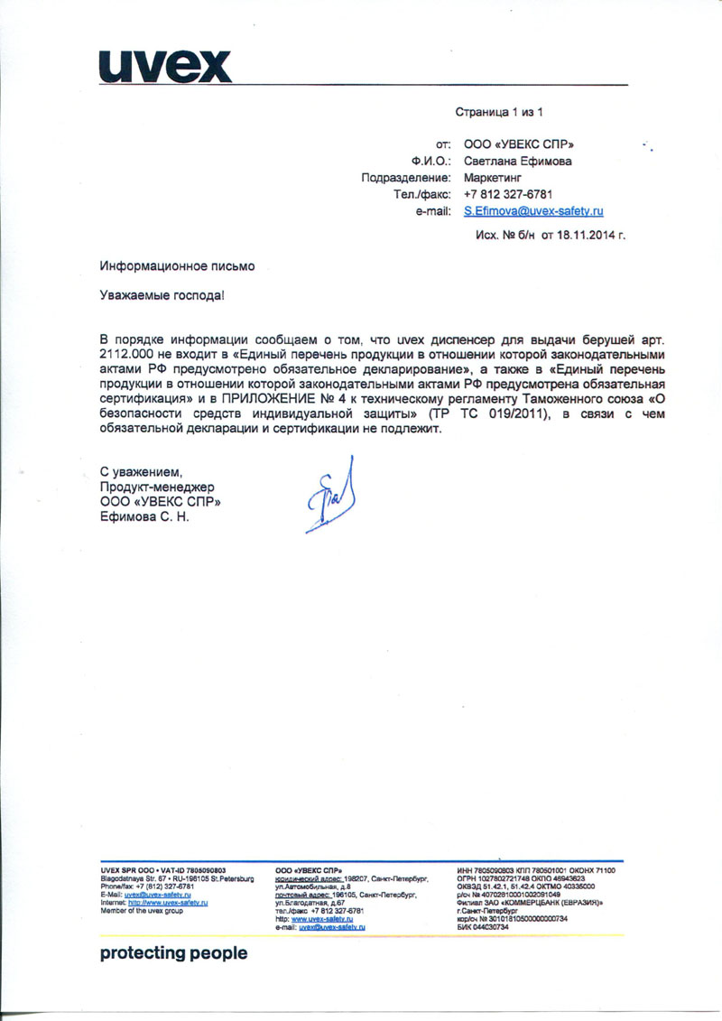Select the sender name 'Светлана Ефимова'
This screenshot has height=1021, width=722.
[x=517, y=162]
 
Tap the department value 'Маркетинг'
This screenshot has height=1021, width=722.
[x=495, y=178]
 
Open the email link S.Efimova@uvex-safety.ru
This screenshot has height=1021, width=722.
[x=532, y=210]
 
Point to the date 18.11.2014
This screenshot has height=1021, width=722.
[x=588, y=234]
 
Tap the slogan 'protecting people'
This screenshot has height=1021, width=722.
[x=172, y=953]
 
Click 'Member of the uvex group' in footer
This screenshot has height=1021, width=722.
[x=142, y=911]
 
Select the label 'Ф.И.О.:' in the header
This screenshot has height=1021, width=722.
[x=431, y=162]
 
